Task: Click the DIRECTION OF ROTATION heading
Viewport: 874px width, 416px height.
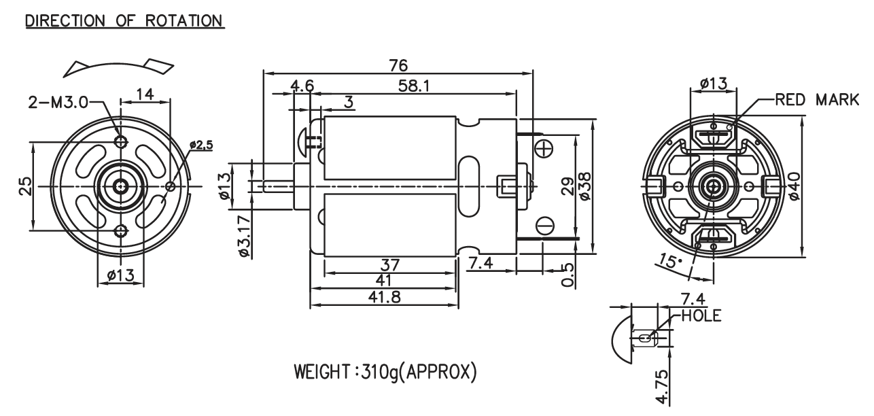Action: tap(124, 21)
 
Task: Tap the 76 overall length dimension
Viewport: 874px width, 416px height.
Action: tap(398, 65)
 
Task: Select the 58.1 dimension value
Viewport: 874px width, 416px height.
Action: tap(414, 86)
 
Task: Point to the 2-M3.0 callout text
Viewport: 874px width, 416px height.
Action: tap(58, 103)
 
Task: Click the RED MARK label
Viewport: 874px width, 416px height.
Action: tap(817, 100)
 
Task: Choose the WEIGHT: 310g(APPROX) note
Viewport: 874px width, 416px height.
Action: tap(385, 372)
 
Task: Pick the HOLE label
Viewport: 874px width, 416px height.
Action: tap(701, 315)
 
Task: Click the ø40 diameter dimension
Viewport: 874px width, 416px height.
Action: tap(794, 186)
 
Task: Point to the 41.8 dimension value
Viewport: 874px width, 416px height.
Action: tap(384, 297)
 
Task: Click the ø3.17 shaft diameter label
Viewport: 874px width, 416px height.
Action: tap(245, 236)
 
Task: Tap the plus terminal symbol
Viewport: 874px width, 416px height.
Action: tap(544, 149)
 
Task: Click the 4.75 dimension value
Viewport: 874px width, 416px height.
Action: tap(662, 387)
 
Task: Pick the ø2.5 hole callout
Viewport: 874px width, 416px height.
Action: tap(201, 145)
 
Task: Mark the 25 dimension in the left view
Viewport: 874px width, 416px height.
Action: tap(25, 186)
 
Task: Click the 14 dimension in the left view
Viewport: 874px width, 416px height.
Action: tap(145, 94)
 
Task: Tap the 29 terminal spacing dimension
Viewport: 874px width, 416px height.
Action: tap(568, 186)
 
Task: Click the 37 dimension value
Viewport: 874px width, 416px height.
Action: tap(389, 265)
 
